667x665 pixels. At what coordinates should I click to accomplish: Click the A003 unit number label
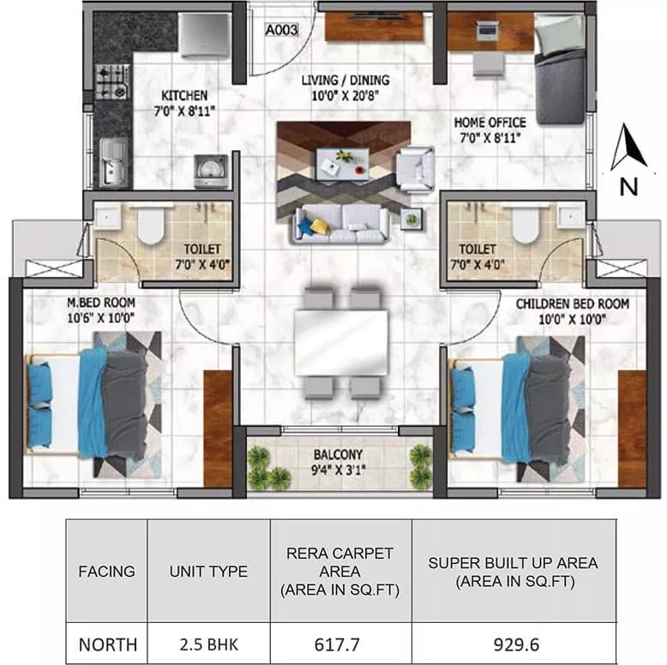tap(282, 31)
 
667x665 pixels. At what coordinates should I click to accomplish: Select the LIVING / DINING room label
tap(345, 87)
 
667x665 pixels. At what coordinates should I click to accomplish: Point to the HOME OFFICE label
tap(490, 129)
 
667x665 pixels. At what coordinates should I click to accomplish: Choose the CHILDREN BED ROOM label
tap(572, 310)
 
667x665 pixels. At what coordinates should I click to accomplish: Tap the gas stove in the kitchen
tap(111, 81)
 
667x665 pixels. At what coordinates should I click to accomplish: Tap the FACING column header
tap(106, 571)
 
